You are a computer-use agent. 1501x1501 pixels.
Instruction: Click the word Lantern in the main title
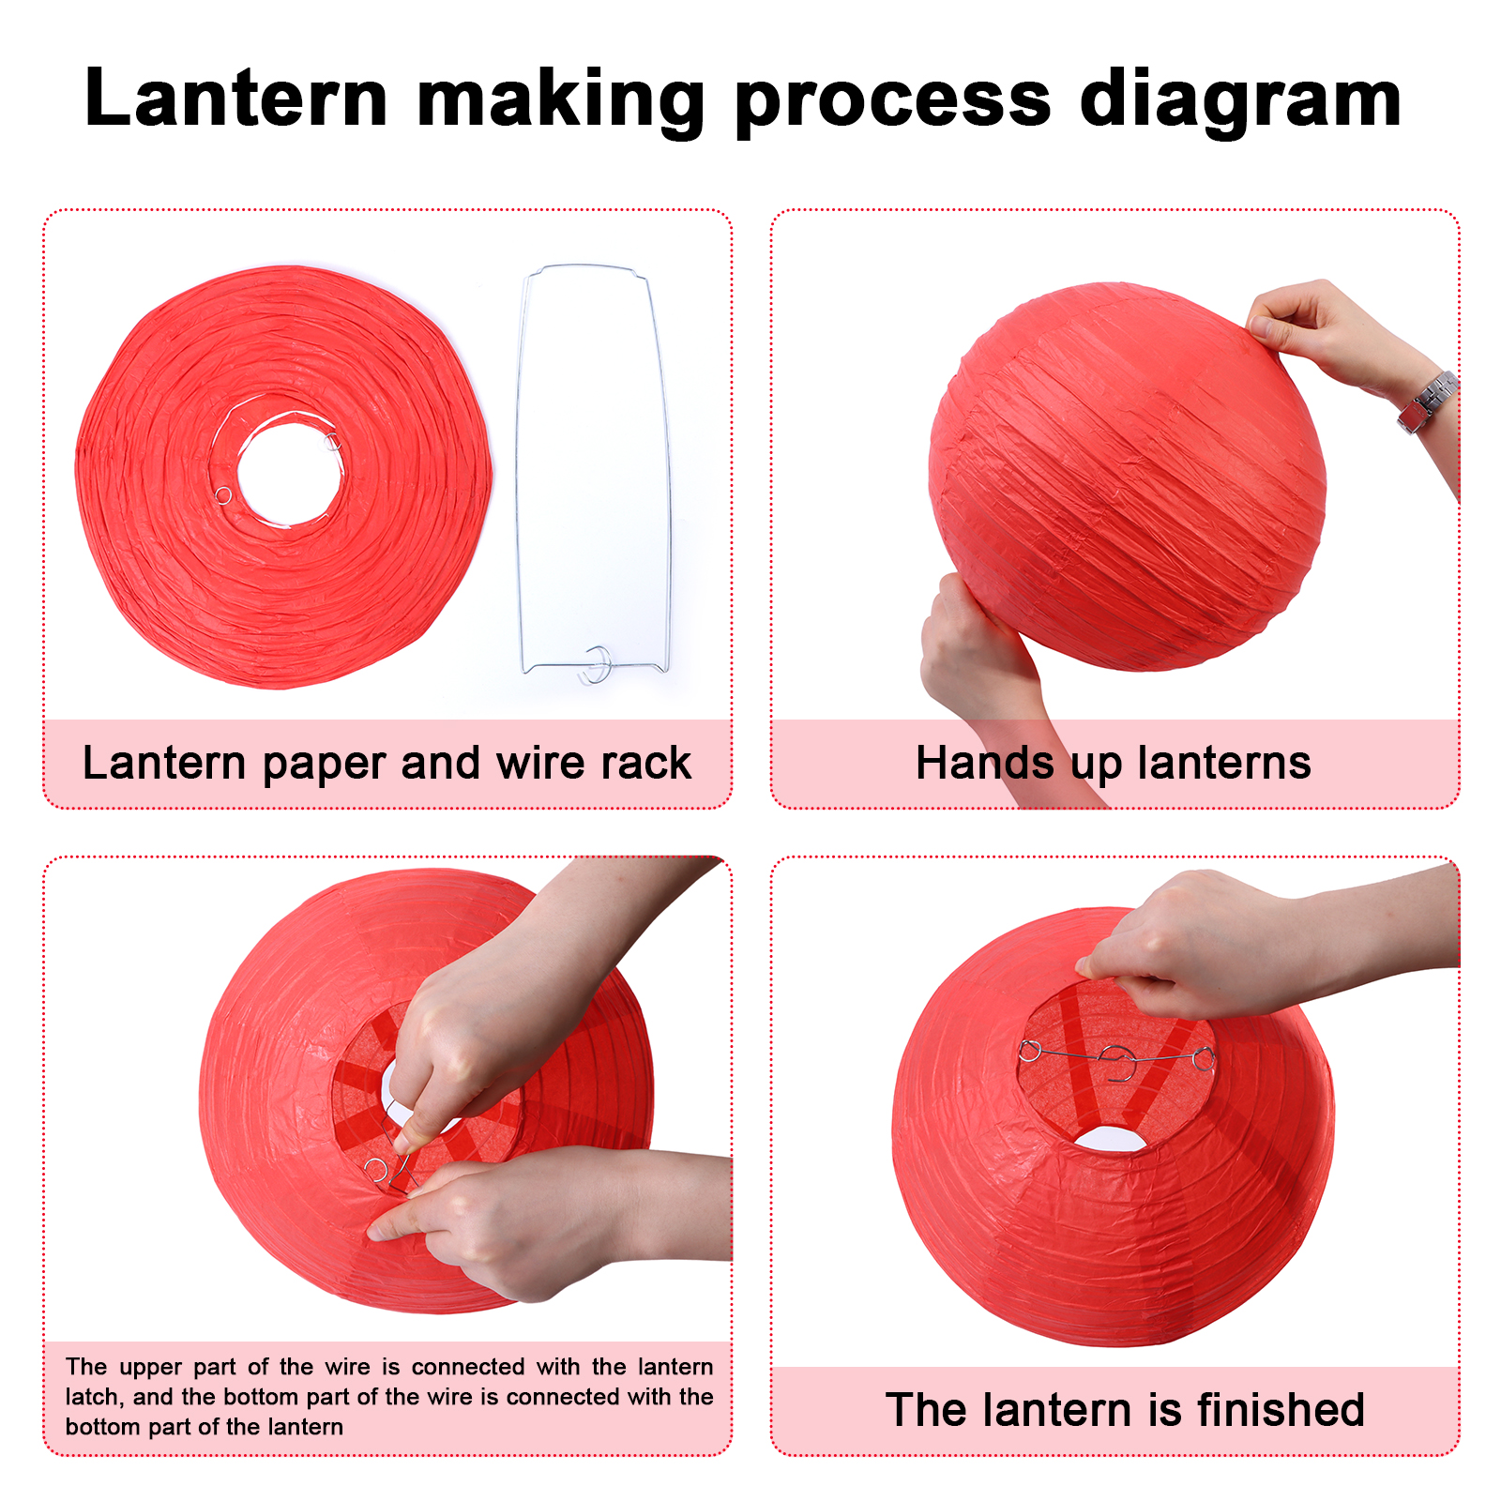tap(236, 98)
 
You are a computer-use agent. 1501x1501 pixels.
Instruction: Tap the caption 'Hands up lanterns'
tap(1114, 763)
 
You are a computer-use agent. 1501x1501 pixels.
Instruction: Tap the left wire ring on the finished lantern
tap(1030, 1051)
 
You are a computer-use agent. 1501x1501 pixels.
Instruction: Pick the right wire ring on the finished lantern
tap(1204, 1059)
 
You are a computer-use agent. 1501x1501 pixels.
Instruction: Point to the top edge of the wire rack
tap(582, 267)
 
